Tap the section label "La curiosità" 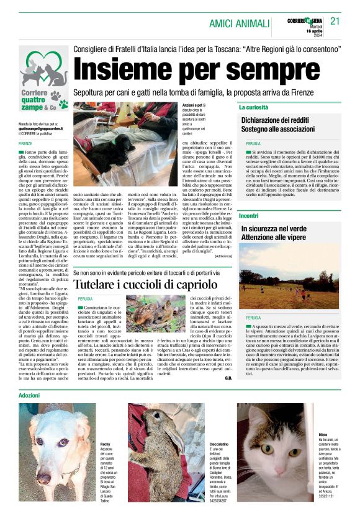[254, 107]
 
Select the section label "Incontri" [249, 216]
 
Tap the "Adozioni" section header [29, 394]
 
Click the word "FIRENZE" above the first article [25, 143]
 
